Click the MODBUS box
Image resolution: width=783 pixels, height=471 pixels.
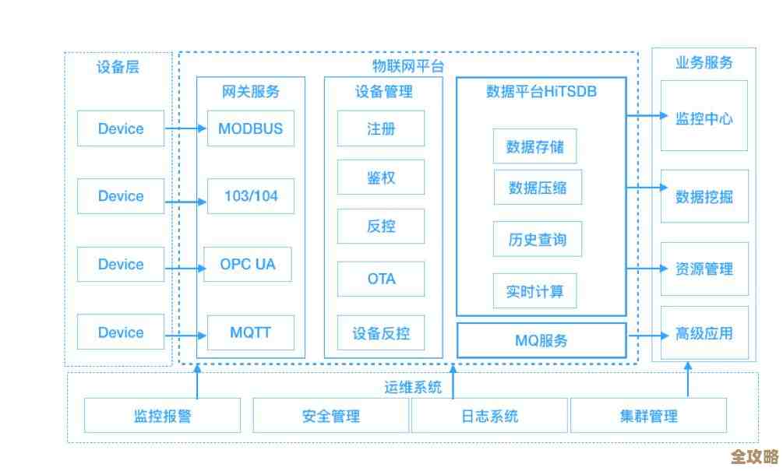250,128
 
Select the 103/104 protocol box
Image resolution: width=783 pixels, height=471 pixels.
250,196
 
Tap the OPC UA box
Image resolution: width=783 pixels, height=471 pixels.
247,264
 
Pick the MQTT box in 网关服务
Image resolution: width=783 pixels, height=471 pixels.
250,332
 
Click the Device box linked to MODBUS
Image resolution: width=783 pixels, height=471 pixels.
121,128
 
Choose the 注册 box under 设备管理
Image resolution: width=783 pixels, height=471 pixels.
381,128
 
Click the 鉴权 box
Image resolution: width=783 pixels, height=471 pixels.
381,178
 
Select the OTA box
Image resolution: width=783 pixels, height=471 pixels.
381,279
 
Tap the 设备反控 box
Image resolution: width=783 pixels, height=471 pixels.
381,334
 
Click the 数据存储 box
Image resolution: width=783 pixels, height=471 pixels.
535,146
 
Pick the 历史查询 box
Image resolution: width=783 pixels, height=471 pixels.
537,239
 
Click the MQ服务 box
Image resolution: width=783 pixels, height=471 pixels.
541,341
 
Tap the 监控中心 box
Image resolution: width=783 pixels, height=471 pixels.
704,118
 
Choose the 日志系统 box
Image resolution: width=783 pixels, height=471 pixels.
489,416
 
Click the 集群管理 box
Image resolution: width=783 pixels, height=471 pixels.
648,416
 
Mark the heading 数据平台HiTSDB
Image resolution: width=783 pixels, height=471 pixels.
541,91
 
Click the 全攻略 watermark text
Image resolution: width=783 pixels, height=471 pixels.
754,455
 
